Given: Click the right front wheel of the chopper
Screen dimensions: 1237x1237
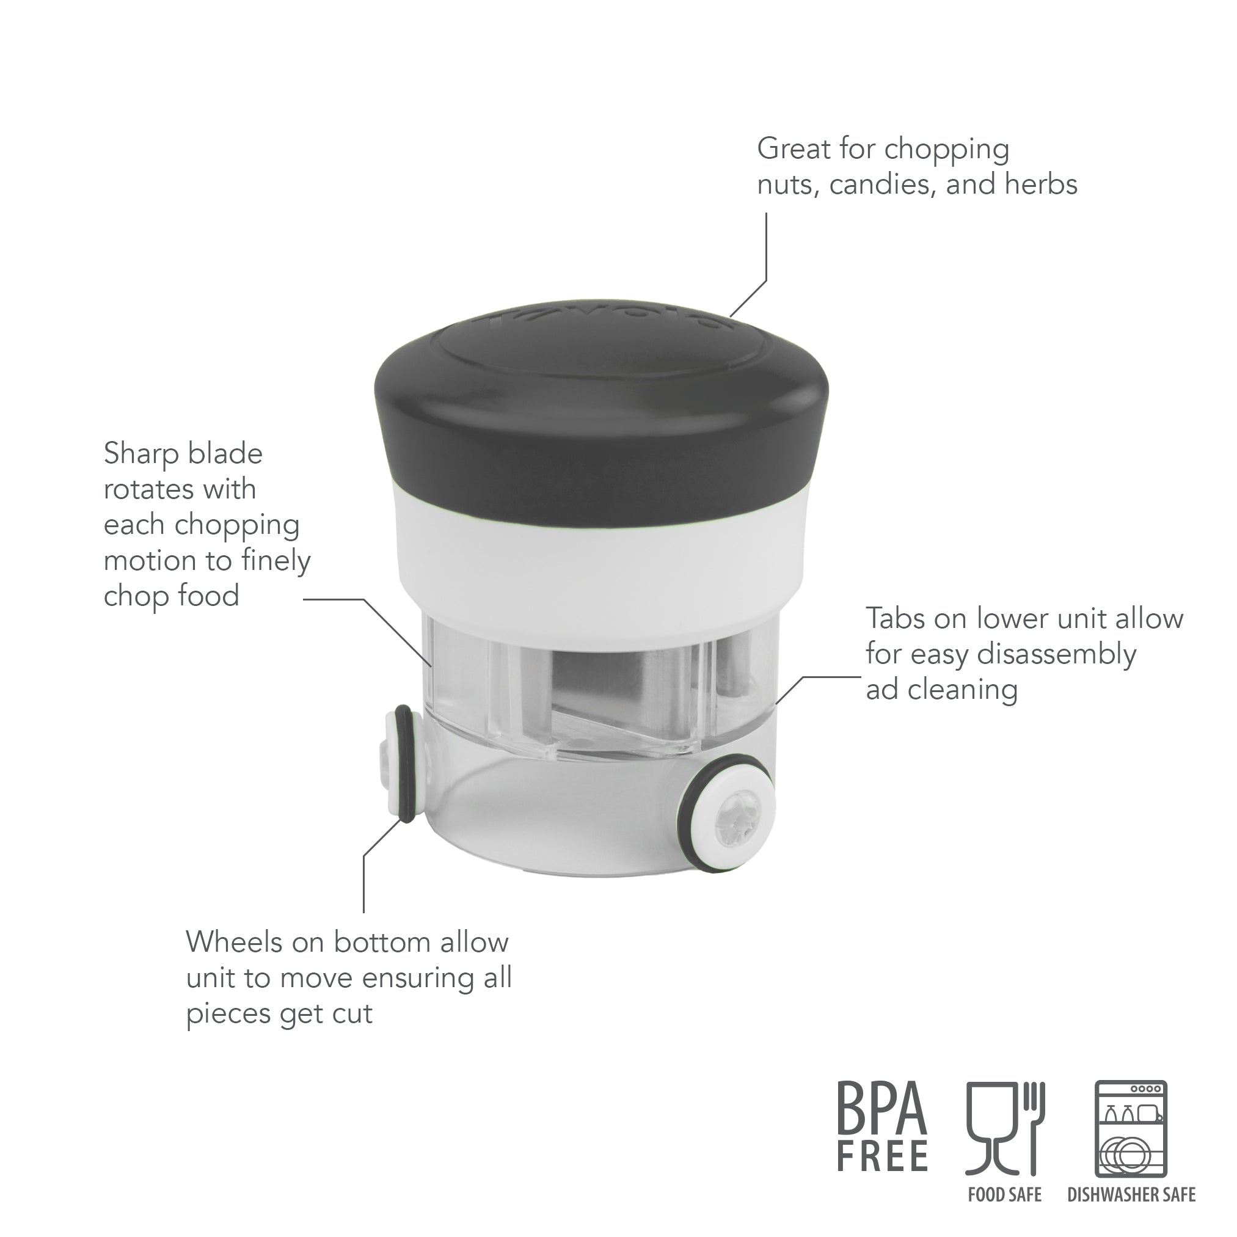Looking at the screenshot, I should (729, 814).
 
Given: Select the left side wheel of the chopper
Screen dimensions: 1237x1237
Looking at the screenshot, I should (400, 762).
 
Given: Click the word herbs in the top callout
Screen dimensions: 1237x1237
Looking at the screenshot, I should (1040, 184).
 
